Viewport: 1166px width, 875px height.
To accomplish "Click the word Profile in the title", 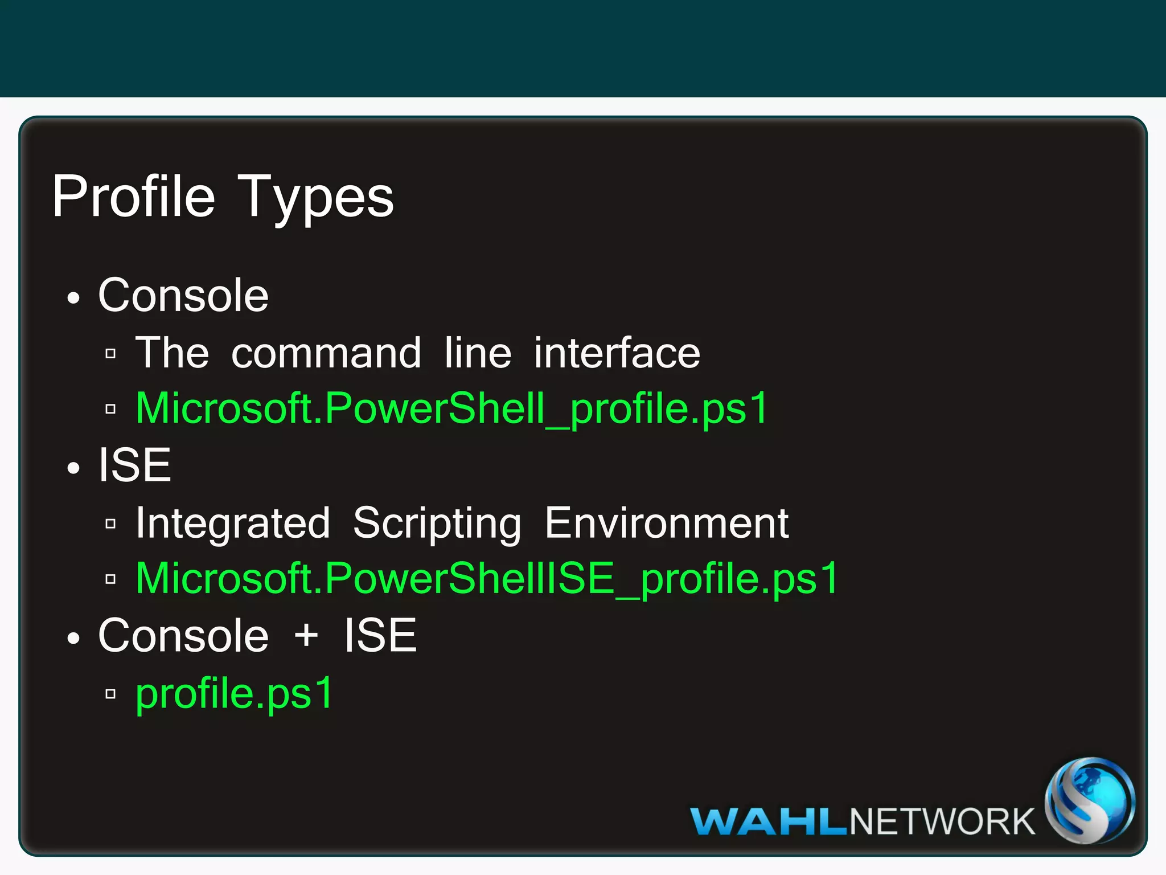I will coord(134,197).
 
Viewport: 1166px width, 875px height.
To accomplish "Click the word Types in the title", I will coord(315,197).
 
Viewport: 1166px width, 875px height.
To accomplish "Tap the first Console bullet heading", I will coord(183,296).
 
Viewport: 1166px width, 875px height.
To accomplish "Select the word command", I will coord(326,353).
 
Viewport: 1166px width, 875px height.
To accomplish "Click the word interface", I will coord(617,353).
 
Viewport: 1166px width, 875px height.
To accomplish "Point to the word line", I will coord(478,353).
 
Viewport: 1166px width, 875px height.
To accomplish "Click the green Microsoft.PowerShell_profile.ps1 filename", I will coord(452,408).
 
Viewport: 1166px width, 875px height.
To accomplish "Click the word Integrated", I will coord(233,523).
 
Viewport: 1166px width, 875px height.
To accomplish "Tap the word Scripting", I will coord(437,523).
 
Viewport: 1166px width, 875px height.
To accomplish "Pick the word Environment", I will coord(667,523).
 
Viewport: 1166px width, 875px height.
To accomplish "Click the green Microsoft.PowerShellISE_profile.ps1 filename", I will coord(487,579).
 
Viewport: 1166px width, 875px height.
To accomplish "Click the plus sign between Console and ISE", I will coord(306,636).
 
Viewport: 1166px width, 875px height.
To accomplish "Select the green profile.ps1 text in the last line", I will coord(234,693).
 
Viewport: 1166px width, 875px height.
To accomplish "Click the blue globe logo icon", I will coord(1089,800).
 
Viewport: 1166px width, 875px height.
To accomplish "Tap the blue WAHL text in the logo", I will coord(769,822).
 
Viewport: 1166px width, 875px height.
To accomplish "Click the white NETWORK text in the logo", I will coord(942,822).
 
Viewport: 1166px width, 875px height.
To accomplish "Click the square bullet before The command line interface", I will coord(111,354).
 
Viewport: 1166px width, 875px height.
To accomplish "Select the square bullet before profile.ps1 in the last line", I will coord(111,694).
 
